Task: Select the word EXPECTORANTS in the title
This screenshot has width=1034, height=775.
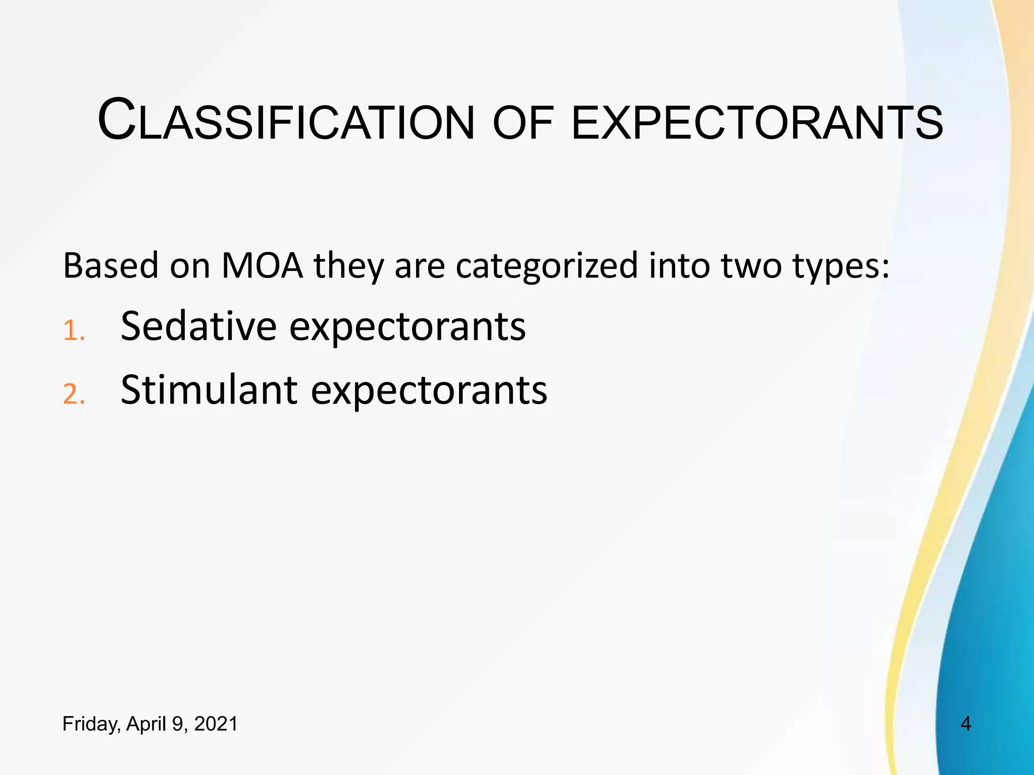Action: tap(756, 123)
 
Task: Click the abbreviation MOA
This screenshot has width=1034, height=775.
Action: tap(262, 265)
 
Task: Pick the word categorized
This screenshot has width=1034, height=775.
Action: tap(547, 266)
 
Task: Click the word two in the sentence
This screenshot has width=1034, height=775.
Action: tap(751, 266)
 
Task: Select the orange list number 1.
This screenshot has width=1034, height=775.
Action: tap(73, 331)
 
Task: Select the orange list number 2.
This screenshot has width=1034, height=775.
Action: tap(73, 395)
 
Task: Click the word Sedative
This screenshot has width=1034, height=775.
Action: tap(198, 326)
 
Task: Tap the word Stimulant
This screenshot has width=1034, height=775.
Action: tap(209, 390)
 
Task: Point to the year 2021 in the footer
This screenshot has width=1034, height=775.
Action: tap(216, 724)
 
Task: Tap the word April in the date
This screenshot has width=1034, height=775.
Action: tap(147, 725)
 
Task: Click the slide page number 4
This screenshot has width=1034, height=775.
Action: tap(965, 724)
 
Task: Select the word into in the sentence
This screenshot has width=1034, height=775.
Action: tap(680, 265)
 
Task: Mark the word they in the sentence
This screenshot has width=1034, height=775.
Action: tap(349, 266)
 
